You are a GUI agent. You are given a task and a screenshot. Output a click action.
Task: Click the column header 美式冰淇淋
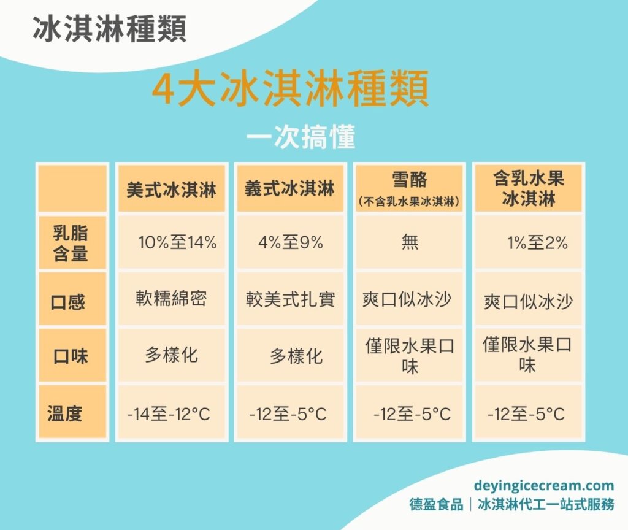click(x=172, y=189)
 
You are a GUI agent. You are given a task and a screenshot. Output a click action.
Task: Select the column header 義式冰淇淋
click(x=290, y=189)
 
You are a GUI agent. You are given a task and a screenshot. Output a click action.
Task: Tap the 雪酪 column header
click(x=409, y=188)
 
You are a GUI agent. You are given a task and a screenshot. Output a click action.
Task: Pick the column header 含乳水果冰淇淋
click(x=528, y=188)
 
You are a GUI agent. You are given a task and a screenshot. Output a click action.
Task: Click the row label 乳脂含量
click(x=72, y=242)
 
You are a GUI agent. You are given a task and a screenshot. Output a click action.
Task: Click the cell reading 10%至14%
click(x=178, y=242)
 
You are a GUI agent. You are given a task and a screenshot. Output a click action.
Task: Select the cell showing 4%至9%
click(x=291, y=242)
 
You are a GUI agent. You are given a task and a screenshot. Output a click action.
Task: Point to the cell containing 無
click(x=409, y=242)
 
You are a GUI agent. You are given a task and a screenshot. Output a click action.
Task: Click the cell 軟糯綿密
click(x=171, y=298)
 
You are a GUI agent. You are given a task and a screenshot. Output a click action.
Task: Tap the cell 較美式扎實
click(x=290, y=299)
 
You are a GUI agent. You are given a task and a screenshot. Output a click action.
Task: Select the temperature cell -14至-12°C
click(x=169, y=414)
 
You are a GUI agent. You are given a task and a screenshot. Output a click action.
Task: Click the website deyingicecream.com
click(x=543, y=486)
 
